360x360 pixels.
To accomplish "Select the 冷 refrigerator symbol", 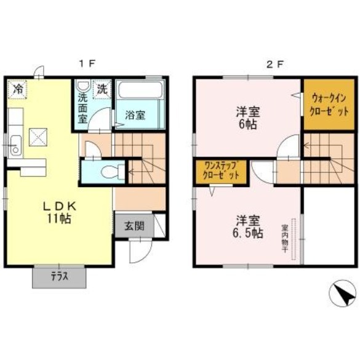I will click(x=18, y=89).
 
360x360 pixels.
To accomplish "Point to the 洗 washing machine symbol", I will click(x=102, y=89).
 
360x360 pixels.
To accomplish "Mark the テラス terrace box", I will click(x=59, y=277).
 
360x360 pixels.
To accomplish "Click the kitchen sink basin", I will click(x=15, y=147).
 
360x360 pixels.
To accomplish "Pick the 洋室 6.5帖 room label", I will click(x=249, y=226).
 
